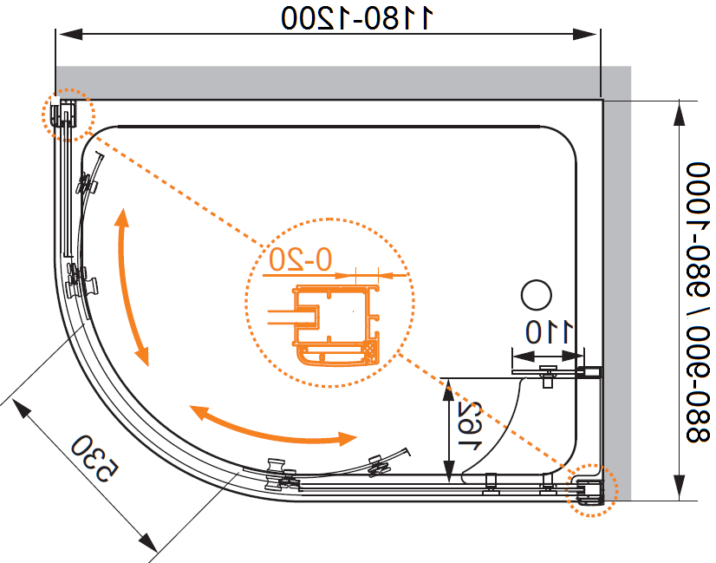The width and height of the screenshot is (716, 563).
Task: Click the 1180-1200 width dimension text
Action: [357, 17]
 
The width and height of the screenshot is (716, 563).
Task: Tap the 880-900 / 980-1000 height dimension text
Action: [698, 303]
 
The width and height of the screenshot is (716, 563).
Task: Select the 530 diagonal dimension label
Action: [95, 458]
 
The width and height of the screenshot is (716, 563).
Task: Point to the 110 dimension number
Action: [549, 332]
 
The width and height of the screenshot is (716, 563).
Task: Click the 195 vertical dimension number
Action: [470, 426]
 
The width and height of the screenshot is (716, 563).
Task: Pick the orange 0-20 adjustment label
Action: [300, 259]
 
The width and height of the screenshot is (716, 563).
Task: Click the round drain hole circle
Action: [536, 295]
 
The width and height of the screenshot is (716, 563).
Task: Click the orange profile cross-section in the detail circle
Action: [335, 325]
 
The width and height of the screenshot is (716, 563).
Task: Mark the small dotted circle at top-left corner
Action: [68, 115]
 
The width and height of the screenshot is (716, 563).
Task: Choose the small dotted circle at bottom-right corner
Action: [591, 490]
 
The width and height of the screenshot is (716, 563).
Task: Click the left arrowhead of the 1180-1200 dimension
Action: [70, 35]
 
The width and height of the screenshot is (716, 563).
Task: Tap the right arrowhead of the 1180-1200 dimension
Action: [585, 35]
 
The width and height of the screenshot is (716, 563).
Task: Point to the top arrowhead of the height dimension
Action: [680, 113]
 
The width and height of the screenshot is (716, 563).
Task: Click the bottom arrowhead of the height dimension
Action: [680, 488]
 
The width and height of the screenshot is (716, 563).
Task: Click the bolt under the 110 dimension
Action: [548, 376]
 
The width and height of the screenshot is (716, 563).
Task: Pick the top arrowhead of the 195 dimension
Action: [449, 390]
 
